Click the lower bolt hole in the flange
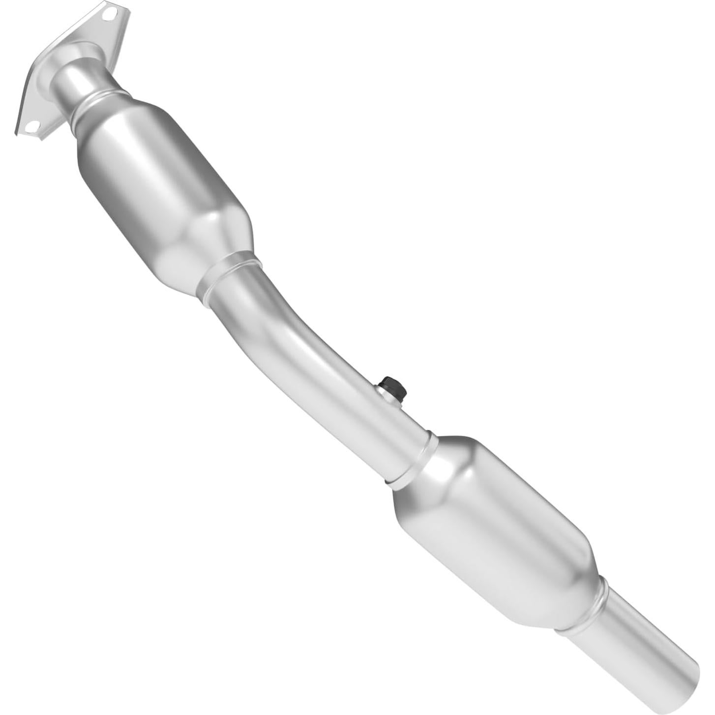click(x=32, y=127)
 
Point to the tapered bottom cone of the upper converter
click(x=207, y=241)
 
